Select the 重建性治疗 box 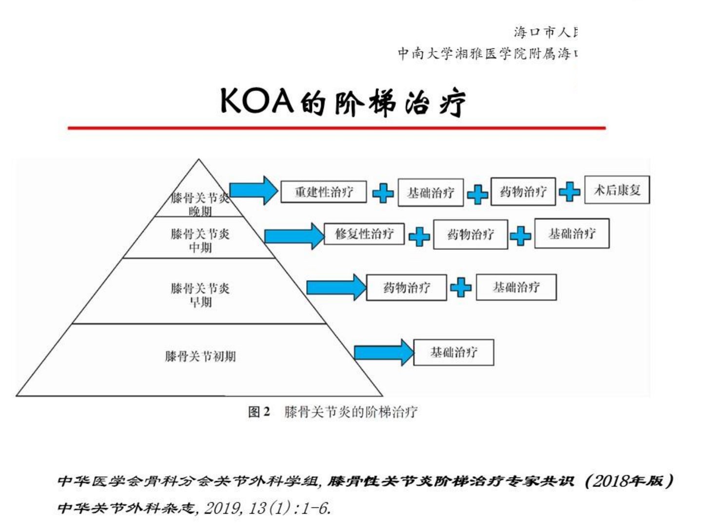click(324, 191)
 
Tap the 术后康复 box click(617, 190)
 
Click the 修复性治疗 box click(364, 233)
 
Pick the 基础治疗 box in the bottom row click(453, 352)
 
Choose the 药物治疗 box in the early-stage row click(406, 287)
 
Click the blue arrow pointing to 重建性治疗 click(253, 190)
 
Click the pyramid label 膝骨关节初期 click(200, 356)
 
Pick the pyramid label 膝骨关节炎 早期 click(200, 295)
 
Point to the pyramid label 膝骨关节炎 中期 click(200, 240)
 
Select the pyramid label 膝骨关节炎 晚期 click(200, 204)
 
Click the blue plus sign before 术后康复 click(569, 191)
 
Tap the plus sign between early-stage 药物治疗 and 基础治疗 click(461, 287)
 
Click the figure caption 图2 click(259, 412)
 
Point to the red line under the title click(336, 128)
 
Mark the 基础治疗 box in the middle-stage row click(572, 234)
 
